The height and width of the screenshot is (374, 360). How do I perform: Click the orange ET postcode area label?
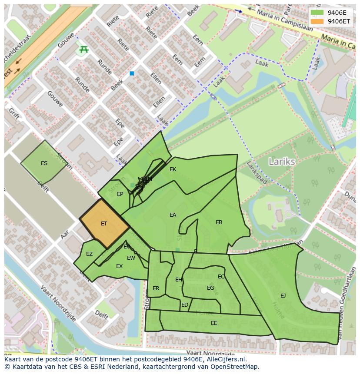104,224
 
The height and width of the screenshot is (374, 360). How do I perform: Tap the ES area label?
44,163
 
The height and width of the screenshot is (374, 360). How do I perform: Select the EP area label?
120,194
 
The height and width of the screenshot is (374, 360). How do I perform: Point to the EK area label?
173,169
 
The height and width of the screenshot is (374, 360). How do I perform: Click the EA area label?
173,215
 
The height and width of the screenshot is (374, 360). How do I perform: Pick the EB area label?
219,222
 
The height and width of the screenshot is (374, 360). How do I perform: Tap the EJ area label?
283,296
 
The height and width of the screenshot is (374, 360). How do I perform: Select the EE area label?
214,323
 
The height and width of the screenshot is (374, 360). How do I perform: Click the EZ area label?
89,254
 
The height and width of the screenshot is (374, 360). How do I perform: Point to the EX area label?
119,266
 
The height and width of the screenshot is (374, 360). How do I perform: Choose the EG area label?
210,288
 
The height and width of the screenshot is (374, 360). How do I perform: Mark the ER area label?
156,288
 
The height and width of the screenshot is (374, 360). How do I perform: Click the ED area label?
185,305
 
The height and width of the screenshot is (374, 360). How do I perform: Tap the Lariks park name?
282,162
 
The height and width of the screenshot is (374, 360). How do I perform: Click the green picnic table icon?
83,50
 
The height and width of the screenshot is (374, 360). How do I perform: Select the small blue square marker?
132,74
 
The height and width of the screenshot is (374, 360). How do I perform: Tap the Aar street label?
65,235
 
